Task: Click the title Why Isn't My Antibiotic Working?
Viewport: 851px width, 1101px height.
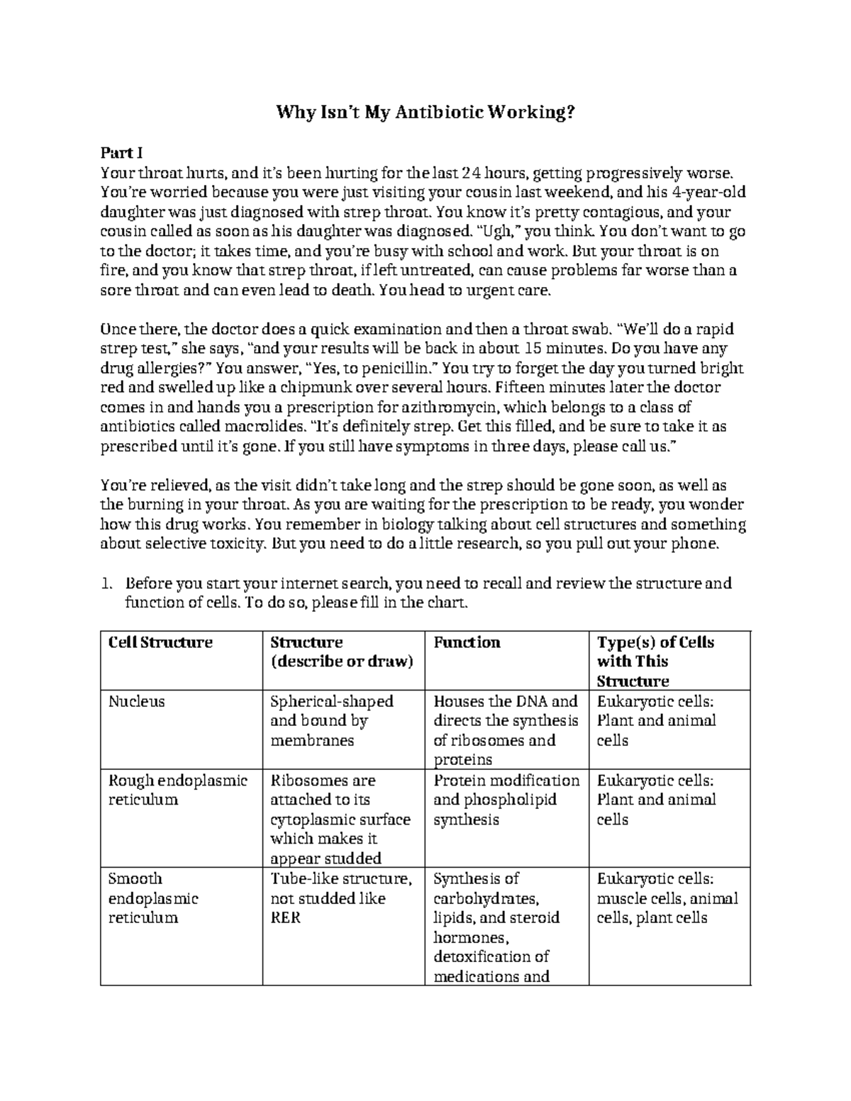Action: pyautogui.click(x=425, y=112)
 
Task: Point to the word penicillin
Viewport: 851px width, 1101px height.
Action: pyautogui.click(x=389, y=369)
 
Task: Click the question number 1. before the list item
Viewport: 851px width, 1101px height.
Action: pyautogui.click(x=107, y=584)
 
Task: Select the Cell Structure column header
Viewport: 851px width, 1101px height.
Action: pyautogui.click(x=160, y=642)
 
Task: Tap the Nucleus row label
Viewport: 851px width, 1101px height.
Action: pyautogui.click(x=136, y=701)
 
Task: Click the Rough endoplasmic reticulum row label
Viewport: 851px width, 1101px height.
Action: pyautogui.click(x=177, y=790)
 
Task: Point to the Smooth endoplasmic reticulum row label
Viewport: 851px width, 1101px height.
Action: pyautogui.click(x=152, y=898)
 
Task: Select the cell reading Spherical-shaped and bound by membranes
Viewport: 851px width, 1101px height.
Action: pyautogui.click(x=331, y=720)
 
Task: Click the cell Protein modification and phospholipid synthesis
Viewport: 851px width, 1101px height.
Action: pyautogui.click(x=506, y=800)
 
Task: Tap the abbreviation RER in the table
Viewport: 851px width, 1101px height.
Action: pyautogui.click(x=286, y=918)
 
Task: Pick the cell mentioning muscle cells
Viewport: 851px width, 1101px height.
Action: pyautogui.click(x=667, y=898)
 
